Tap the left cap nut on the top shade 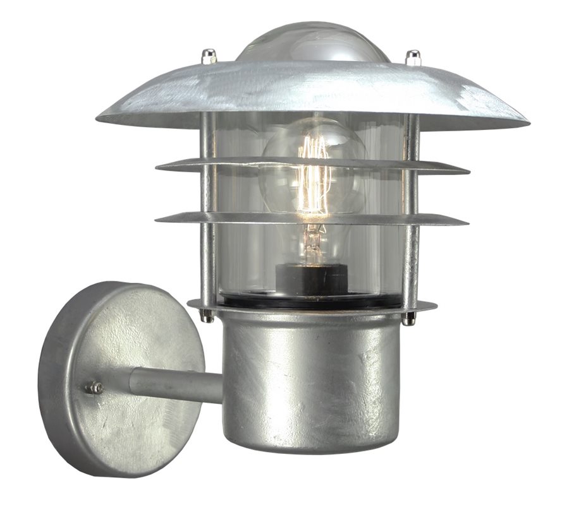click(207, 57)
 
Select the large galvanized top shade click(313, 95)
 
